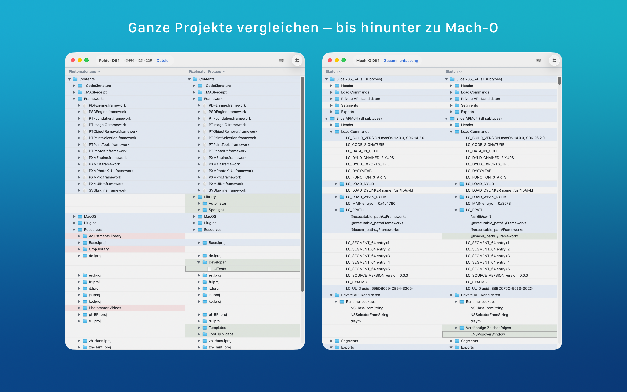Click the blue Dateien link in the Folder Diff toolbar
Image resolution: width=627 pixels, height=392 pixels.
coord(164,61)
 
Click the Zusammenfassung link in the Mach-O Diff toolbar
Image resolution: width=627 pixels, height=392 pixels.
coord(401,61)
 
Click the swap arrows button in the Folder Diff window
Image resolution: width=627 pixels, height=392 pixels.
coord(297,61)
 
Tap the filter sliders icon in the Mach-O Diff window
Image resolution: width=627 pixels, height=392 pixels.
coord(538,61)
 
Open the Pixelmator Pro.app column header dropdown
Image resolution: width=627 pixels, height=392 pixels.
coord(207,71)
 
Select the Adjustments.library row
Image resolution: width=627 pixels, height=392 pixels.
coord(105,236)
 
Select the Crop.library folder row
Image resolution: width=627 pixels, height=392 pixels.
coord(98,249)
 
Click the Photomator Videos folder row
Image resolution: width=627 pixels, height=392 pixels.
coord(105,308)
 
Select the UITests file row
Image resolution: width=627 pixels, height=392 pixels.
coord(219,269)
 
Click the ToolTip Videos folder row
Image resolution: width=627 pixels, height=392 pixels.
coord(221,334)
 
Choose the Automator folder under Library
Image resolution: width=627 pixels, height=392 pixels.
coord(217,204)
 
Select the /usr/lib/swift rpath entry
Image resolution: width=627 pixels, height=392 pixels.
coord(481,217)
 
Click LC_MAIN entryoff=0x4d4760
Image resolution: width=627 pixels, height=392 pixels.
coord(371,204)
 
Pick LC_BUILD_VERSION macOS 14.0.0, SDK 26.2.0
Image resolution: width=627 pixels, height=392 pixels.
coord(505,138)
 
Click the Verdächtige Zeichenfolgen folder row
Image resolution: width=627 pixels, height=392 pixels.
coord(488,328)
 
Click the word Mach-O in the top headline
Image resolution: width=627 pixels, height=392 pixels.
coord(471,28)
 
